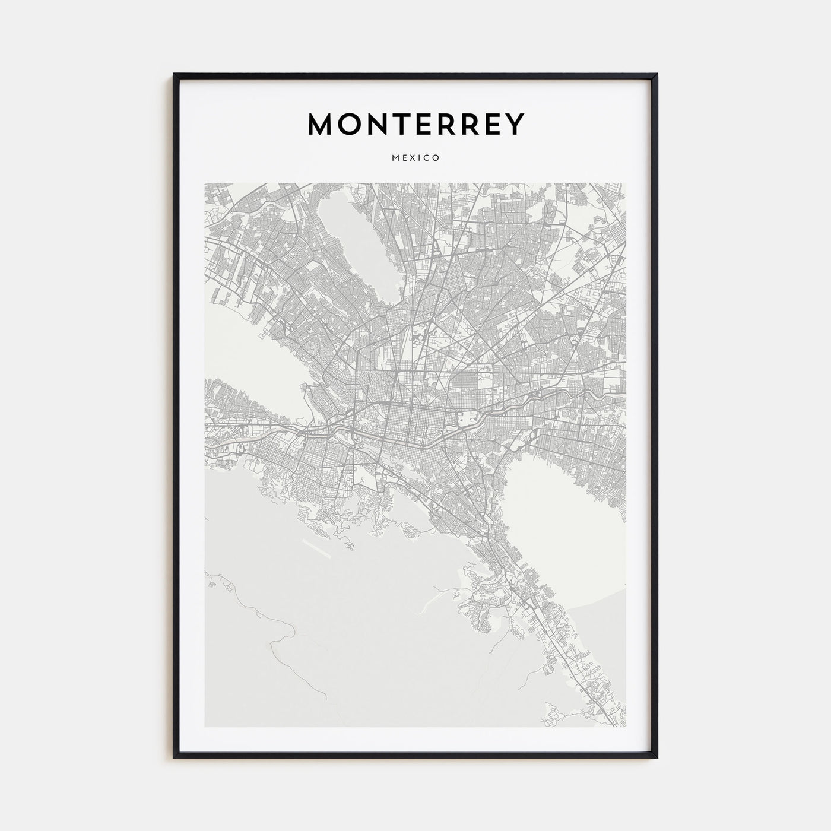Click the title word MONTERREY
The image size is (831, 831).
click(x=415, y=124)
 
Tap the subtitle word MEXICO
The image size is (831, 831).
click(x=415, y=158)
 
